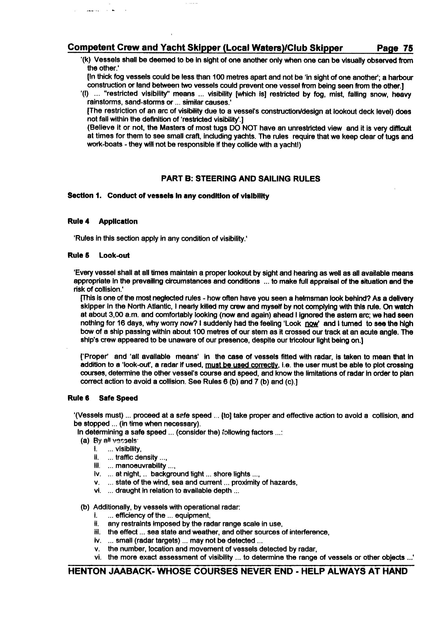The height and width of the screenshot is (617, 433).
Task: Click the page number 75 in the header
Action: point(408,48)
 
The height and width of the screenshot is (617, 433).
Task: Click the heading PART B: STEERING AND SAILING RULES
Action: point(240,179)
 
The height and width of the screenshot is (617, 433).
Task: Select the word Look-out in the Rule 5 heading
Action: point(114,255)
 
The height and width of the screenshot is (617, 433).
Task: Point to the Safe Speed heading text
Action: point(118,398)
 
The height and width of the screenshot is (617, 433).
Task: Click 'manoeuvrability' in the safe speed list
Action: point(141,465)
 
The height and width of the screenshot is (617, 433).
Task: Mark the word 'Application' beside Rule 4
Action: point(118,221)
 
